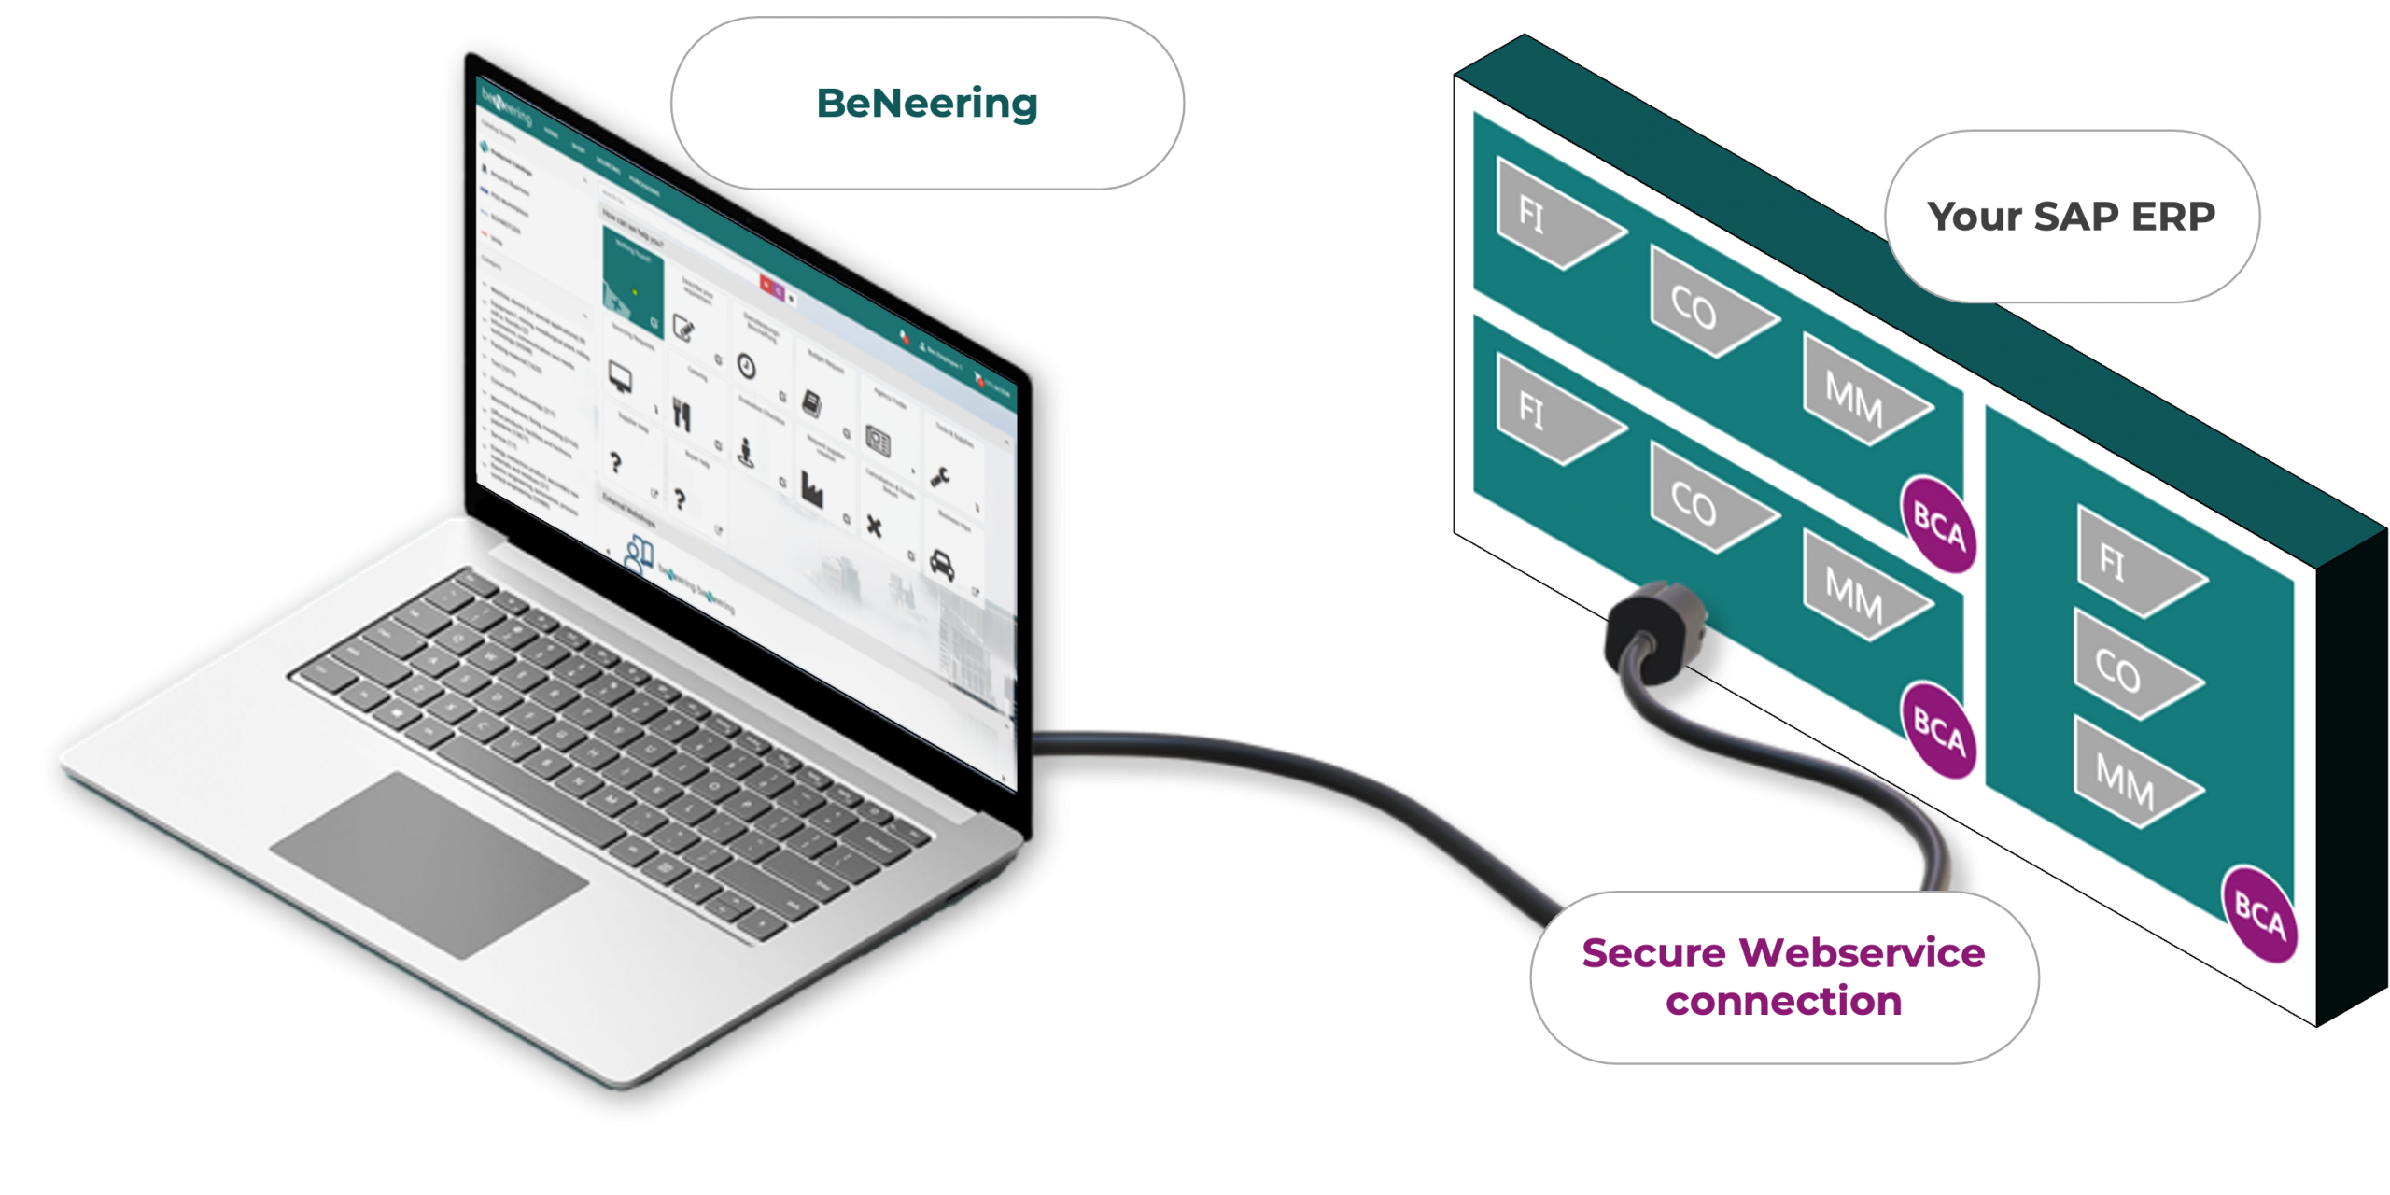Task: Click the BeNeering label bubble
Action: point(927,103)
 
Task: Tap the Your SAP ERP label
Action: point(2071,217)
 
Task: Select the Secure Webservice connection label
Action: point(1783,977)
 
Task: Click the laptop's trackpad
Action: point(429,864)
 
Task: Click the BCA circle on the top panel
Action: point(1939,525)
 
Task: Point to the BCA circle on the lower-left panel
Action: point(1939,729)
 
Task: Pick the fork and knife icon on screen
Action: point(682,415)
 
